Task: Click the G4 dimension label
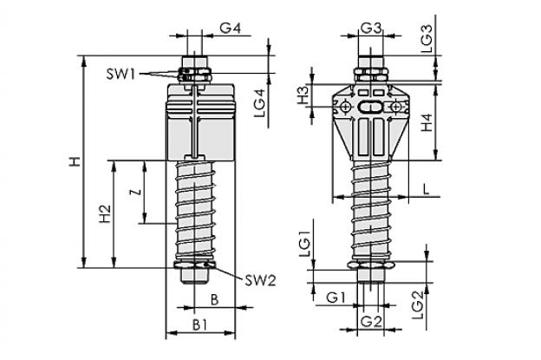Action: (230, 28)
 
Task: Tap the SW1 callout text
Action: (121, 75)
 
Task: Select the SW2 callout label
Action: (260, 281)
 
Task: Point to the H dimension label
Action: (75, 161)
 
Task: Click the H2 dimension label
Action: (105, 214)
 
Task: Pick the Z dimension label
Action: (138, 192)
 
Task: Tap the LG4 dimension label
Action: (260, 103)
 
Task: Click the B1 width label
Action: (200, 324)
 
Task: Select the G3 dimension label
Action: (371, 28)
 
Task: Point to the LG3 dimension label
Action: (427, 38)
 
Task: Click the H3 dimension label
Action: (303, 95)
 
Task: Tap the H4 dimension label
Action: (427, 122)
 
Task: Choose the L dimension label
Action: (427, 189)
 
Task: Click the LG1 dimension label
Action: (305, 244)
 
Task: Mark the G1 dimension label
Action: (336, 298)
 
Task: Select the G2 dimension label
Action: (372, 322)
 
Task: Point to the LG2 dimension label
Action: (418, 305)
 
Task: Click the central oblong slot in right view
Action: (370, 107)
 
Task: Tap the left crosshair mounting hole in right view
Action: (345, 107)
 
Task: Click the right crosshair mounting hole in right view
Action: (396, 107)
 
